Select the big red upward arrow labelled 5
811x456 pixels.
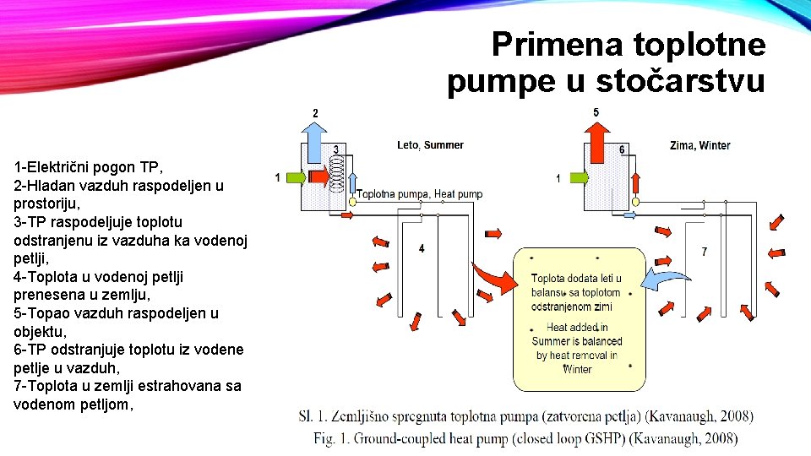coord(596,142)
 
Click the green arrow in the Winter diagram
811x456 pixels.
coord(577,177)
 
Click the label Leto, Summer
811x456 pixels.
coord(430,145)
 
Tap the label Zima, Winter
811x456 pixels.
coord(699,145)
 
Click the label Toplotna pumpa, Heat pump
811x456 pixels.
coord(419,194)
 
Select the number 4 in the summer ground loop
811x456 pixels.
coord(422,248)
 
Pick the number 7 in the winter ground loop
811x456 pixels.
coord(705,252)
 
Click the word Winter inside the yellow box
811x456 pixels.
coord(577,369)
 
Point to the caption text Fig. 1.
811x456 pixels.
coord(333,438)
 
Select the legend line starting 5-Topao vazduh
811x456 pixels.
coord(116,312)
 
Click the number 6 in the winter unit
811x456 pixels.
coord(623,149)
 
